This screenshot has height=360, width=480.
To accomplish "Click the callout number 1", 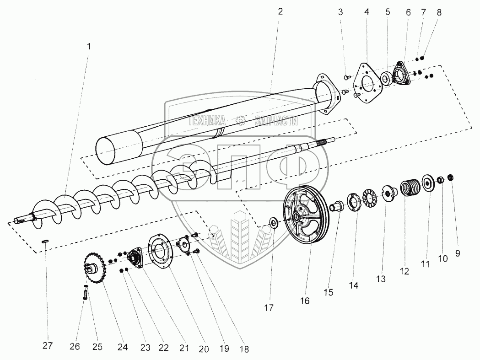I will point(89,46).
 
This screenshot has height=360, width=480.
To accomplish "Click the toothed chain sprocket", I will point(95,267).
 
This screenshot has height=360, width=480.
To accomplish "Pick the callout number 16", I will point(305,301).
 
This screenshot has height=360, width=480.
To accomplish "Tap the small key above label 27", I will point(45,241).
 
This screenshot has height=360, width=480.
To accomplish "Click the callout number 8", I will point(439,12).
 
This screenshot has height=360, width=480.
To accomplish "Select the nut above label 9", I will point(450,177).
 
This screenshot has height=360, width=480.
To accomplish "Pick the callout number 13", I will point(381,278).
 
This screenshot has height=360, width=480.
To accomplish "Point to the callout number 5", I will point(387,12).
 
